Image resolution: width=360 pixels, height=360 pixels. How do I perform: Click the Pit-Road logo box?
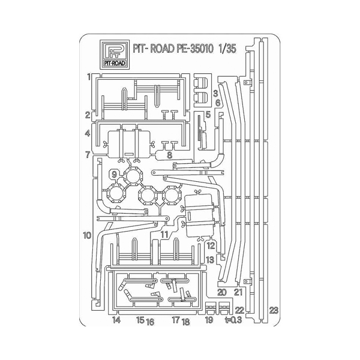point(115,55)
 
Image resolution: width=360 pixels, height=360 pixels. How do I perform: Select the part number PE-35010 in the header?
point(195,49)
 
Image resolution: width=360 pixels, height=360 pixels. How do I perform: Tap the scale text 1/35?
point(227,49)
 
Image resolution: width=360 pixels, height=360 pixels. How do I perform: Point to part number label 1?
point(89,77)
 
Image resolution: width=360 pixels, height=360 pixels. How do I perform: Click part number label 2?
point(88,115)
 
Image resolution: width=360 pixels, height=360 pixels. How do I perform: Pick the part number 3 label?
point(215,94)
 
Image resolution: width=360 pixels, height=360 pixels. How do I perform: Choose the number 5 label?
point(208,114)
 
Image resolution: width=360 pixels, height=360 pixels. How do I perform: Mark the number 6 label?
point(218,103)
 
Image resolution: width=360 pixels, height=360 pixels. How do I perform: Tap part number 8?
point(169,155)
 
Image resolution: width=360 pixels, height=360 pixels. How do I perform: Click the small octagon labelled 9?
point(114,175)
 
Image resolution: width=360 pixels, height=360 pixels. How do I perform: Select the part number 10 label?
point(87,235)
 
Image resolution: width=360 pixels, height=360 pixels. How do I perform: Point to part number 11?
point(164,235)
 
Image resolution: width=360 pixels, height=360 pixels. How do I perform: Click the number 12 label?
point(211,245)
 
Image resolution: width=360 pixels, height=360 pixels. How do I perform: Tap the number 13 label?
point(210,260)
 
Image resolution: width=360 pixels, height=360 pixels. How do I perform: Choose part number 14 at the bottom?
point(116,320)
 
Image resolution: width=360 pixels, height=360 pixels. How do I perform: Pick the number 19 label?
point(209,320)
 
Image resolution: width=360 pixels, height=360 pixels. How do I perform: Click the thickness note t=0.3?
point(233,320)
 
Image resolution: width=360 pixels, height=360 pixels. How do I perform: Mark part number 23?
point(274,310)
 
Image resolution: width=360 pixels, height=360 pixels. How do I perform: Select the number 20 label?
point(222,292)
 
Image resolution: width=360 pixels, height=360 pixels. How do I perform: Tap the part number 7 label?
point(88,155)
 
